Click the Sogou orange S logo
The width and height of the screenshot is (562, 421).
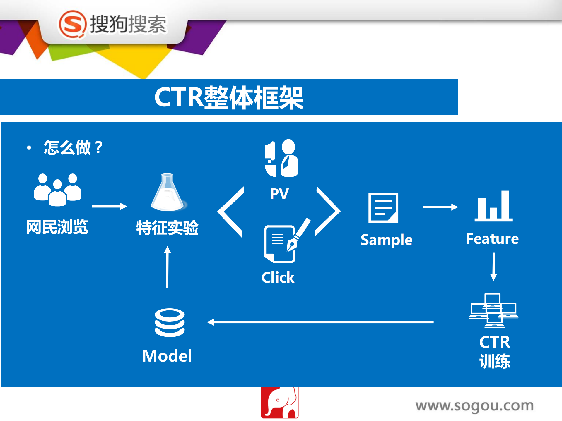[72, 25]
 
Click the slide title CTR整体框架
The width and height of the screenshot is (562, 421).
[229, 98]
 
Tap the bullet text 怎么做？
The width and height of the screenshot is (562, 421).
[73, 147]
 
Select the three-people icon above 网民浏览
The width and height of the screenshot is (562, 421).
[58, 190]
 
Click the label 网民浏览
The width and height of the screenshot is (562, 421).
[57, 227]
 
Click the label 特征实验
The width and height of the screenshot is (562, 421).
[167, 228]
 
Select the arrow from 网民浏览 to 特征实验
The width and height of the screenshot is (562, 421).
[109, 206]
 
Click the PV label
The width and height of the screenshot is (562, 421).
[279, 194]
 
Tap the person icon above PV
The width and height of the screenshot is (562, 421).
[281, 158]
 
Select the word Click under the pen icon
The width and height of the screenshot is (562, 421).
[278, 277]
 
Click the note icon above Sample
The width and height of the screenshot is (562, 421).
[383, 208]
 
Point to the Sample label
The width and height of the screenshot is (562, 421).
[386, 240]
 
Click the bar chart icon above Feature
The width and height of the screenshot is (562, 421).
[493, 206]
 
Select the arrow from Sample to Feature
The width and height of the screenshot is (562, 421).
[440, 207]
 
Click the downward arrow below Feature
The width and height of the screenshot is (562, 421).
[494, 267]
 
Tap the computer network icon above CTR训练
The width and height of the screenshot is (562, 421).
[493, 310]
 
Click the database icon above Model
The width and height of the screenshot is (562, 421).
[170, 323]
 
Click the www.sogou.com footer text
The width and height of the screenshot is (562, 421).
[474, 406]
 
